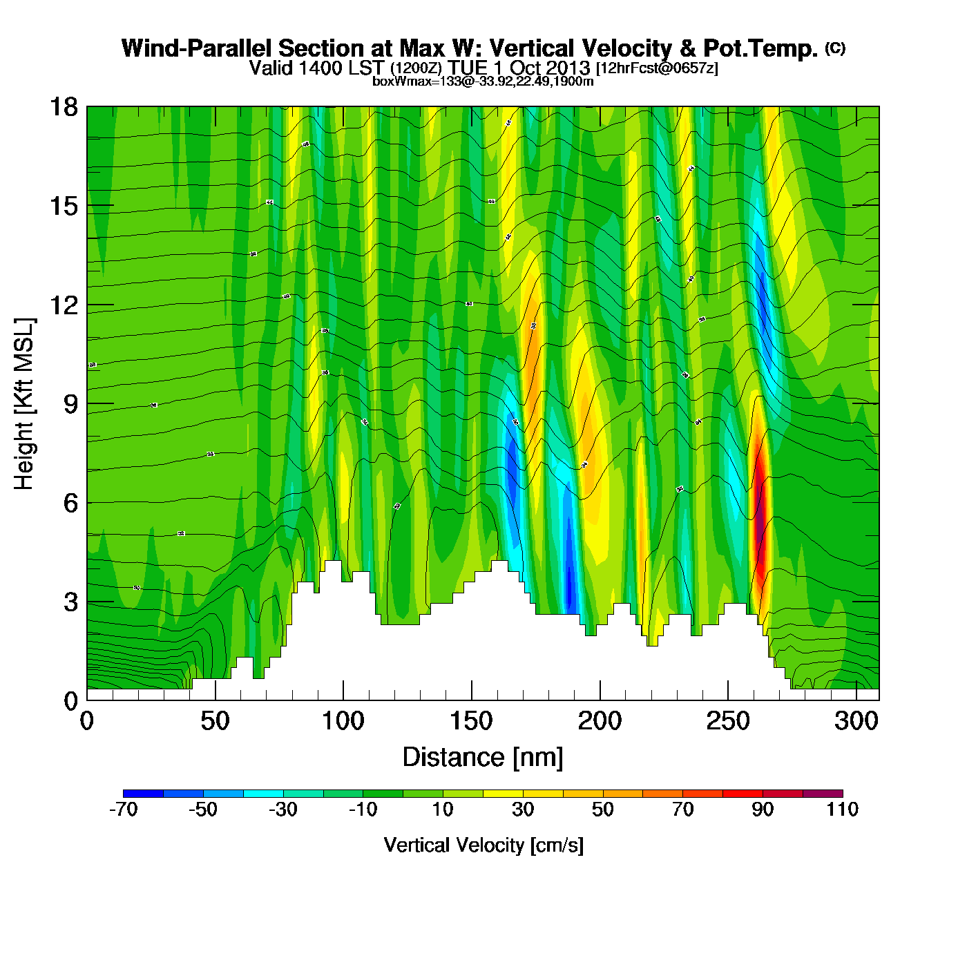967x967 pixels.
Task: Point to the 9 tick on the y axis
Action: (x=70, y=404)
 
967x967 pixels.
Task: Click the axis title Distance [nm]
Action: (x=483, y=758)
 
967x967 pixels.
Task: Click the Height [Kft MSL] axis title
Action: (x=24, y=404)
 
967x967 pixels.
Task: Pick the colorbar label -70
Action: (x=124, y=810)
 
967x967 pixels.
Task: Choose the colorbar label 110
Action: (x=842, y=810)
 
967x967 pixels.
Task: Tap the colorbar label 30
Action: (x=523, y=810)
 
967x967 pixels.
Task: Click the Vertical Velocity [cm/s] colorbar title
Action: (x=483, y=845)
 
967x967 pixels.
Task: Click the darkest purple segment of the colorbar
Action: (x=823, y=793)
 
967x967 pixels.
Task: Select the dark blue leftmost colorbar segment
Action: (x=143, y=793)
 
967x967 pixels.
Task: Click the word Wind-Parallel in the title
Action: (x=197, y=48)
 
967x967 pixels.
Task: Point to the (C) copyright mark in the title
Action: (x=835, y=48)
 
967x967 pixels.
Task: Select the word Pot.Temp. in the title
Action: (x=760, y=48)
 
